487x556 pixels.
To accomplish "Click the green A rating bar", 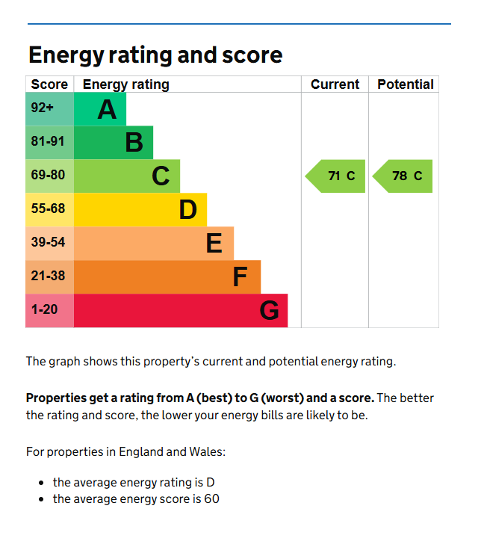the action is pos(100,109).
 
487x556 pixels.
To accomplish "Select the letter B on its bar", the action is pos(134,143).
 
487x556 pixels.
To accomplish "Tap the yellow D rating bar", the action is pos(140,209).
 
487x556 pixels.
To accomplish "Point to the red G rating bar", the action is pos(181,310).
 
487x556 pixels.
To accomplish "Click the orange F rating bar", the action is pos(167,277).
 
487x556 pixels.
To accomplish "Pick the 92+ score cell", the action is pos(49,109).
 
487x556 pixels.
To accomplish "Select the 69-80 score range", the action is pos(49,175).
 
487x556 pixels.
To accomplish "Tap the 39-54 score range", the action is pos(49,242).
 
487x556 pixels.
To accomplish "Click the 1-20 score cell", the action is pos(49,310).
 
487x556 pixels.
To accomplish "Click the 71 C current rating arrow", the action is pos(335,176).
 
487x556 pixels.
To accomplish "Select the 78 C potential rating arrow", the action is pos(403,176).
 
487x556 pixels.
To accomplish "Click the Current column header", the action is pos(335,84).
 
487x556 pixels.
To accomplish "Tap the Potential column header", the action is pos(406,84).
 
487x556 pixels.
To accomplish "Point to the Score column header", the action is pos(49,84).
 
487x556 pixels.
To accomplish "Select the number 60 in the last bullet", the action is pos(211,499).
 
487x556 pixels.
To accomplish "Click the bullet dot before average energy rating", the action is pos(42,483).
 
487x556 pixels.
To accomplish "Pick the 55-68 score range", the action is pos(49,208).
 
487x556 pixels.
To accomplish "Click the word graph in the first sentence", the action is pos(64,362).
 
